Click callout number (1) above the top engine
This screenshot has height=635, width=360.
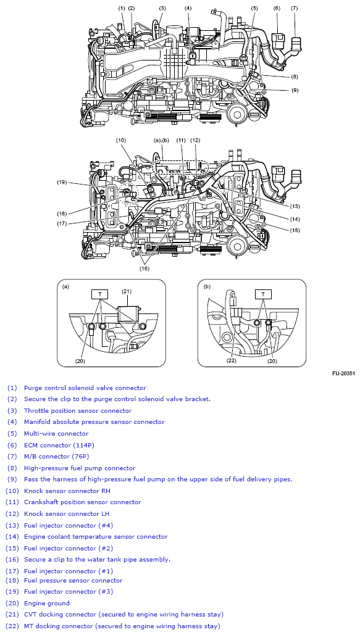[x=122, y=8]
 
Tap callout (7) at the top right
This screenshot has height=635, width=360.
[x=294, y=8]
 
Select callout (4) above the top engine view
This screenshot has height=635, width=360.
[x=188, y=8]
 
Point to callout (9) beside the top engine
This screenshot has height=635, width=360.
[x=295, y=90]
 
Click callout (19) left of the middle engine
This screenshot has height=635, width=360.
[x=62, y=182]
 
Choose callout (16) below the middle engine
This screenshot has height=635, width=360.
[x=144, y=268]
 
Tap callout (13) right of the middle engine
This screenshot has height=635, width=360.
[x=295, y=206]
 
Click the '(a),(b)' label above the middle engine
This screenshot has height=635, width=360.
[x=161, y=141]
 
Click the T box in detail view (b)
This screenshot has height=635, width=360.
[x=264, y=294]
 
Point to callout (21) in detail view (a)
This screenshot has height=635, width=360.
[x=127, y=291]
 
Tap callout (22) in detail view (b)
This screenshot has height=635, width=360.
[x=232, y=361]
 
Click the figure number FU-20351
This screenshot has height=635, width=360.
[x=343, y=374]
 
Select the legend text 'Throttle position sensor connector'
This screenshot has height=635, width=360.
[x=78, y=410]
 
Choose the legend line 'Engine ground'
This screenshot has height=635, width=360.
[x=47, y=603]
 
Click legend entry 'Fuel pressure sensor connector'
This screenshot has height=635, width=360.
[x=73, y=580]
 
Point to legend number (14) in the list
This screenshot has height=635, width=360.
[x=12, y=536]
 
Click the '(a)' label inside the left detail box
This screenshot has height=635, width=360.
[x=66, y=286]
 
